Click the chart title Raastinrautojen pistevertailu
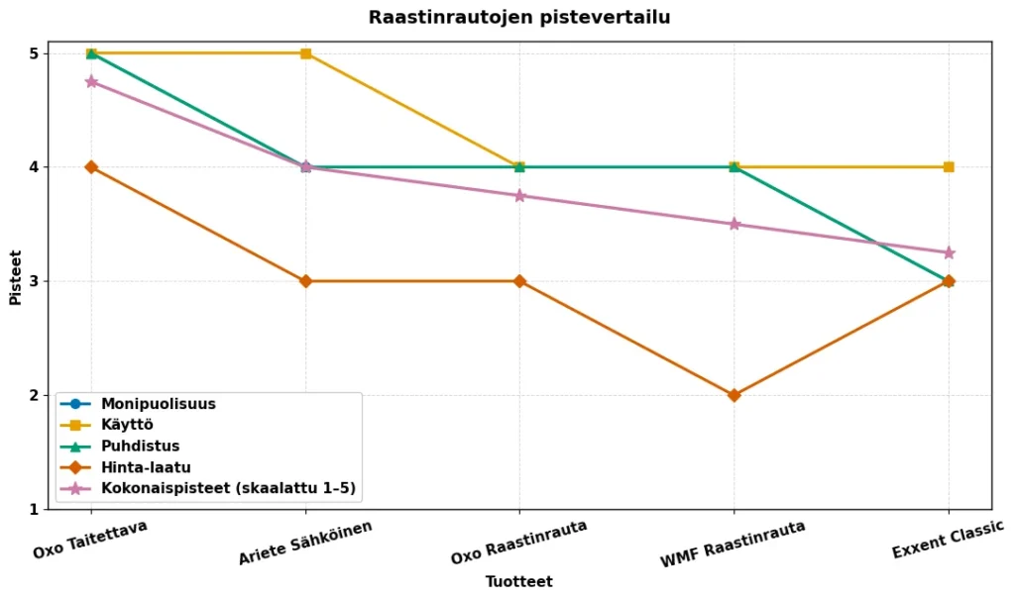pos(518,18)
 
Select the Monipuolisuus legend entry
pos(158,404)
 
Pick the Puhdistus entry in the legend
pos(140,447)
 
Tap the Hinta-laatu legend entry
pos(145,467)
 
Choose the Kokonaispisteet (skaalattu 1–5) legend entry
pos(227,488)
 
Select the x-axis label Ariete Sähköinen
pos(305,543)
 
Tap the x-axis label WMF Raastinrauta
pos(733,544)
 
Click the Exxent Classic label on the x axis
pos(948,539)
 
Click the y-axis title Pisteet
pos(16,277)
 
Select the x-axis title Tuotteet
pos(518,582)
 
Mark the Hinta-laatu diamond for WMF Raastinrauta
pos(733,395)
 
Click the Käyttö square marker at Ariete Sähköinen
pos(305,53)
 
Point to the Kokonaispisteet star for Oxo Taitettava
pos(91,82)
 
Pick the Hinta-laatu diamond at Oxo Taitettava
pos(91,167)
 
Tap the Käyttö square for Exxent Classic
pos(949,167)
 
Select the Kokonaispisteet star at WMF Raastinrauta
pos(733,224)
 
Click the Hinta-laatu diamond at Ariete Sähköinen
pos(305,281)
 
